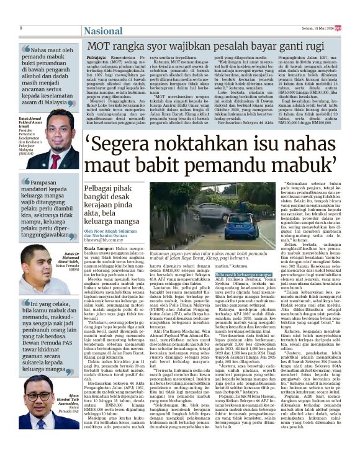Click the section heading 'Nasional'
tap(46, 30)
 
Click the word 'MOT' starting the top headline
tap(99, 46)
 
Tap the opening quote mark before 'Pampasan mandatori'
tap(25, 184)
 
